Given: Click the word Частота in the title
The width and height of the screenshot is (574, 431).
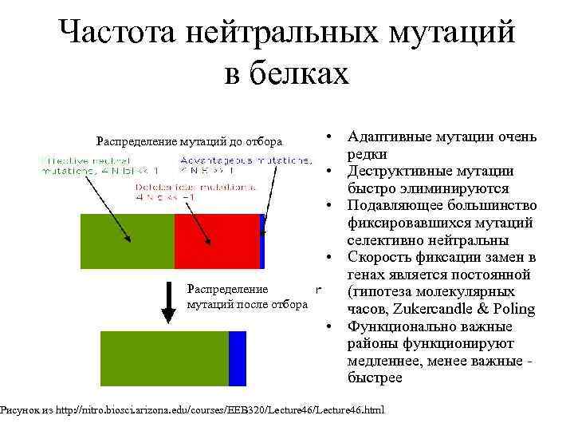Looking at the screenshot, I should click(x=118, y=34).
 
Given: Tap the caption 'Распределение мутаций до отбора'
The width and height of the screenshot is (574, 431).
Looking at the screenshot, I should click(x=189, y=142).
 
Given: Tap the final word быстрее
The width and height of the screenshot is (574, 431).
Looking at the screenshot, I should click(x=375, y=378).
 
